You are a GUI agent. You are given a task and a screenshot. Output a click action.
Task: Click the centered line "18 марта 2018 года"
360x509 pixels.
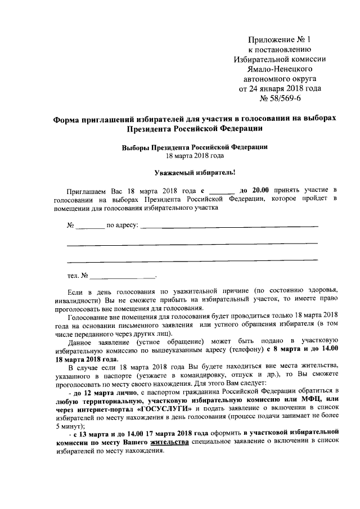coord(195,156)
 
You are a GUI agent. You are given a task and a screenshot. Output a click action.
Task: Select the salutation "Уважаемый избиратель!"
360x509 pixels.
coord(195,173)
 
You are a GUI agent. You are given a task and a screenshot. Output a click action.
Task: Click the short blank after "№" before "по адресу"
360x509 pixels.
coord(90,227)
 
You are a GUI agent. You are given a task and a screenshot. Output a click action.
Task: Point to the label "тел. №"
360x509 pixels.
coord(77,276)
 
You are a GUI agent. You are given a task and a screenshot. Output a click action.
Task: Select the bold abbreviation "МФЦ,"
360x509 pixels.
coord(307,399)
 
